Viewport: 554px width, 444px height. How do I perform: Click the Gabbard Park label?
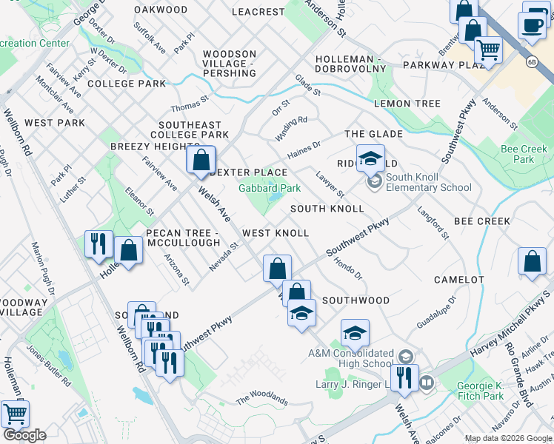269,188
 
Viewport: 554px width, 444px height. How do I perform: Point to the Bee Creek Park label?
524,154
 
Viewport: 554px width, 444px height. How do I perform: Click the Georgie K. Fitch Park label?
481,391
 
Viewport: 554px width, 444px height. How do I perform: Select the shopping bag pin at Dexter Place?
201,159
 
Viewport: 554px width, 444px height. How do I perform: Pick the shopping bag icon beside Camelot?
533,261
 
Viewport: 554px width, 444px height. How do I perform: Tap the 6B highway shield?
531,61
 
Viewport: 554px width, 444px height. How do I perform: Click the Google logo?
25,435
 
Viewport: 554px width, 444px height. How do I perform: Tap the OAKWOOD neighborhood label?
161,10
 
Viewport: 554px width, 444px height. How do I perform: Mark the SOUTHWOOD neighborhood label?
356,300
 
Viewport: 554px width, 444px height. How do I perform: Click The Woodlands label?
261,400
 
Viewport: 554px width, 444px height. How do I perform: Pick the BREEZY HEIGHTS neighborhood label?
150,147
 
